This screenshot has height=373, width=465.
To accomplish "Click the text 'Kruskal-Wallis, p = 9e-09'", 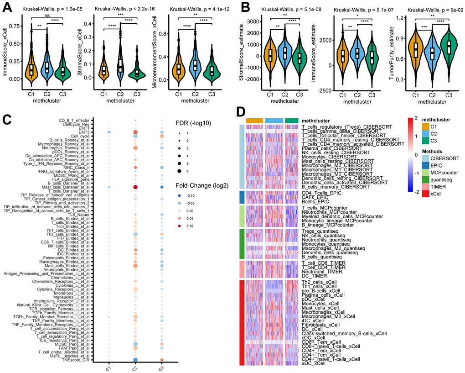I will pos(426,9).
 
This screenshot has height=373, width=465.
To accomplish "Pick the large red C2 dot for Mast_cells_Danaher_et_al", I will pos(135,188).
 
